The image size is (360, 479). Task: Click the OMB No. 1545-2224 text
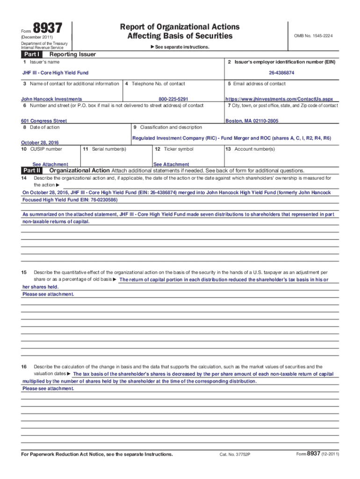coord(313,36)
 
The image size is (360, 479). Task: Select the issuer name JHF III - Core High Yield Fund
coord(56,73)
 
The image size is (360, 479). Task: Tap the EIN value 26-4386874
coord(281,73)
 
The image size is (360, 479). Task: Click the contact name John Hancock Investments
coord(51,99)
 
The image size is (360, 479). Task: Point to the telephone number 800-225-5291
coord(173,99)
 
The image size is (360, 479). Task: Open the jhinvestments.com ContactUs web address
coord(279,99)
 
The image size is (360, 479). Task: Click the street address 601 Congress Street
coord(44,121)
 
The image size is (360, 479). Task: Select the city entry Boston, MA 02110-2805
coord(252,121)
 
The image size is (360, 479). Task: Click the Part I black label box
coord(31,55)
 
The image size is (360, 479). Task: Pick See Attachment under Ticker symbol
coord(171,165)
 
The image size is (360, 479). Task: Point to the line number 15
coord(24,272)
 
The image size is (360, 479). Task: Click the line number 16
coord(24,367)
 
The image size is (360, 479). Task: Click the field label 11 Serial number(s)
coord(104,149)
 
